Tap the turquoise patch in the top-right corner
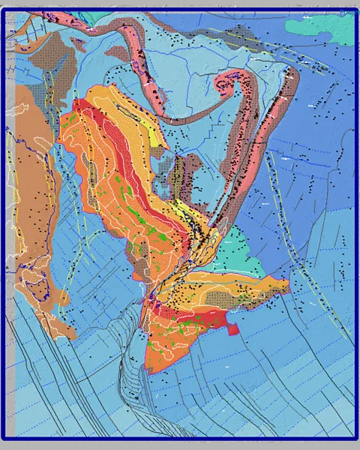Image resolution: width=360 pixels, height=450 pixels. pos(322,26)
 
